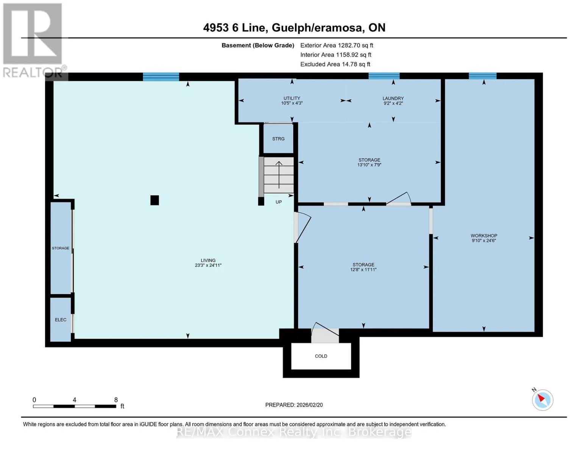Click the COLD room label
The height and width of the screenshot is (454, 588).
tap(321, 356)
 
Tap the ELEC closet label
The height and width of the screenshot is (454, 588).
tap(60, 320)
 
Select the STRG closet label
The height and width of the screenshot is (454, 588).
tap(278, 139)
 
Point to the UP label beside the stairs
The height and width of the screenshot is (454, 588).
tap(278, 202)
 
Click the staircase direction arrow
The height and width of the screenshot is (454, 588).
tap(279, 175)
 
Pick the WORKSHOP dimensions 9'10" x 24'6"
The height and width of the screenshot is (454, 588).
tap(484, 240)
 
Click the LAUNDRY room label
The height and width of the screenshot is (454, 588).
tap(393, 98)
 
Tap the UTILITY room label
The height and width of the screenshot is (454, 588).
tap(292, 98)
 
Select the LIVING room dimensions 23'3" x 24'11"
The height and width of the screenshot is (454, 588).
tap(208, 265)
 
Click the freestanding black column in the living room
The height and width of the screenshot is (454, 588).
tap(154, 201)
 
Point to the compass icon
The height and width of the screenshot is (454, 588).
tap(542, 400)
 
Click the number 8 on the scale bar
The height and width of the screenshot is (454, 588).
tap(116, 400)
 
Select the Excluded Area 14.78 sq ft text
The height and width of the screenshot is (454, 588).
tap(335, 64)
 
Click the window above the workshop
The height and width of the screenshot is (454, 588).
tap(482, 76)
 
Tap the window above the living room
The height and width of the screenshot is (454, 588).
tap(161, 77)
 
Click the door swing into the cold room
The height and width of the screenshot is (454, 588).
tap(325, 332)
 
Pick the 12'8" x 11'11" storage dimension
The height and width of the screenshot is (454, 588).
tap(363, 270)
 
